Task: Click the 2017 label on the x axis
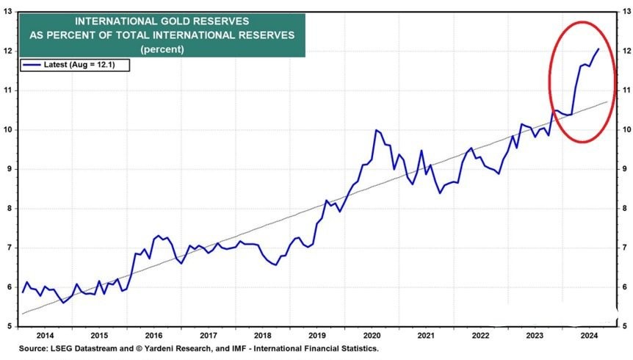tap(208, 334)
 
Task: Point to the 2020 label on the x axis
tap(371, 334)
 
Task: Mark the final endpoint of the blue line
tap(598, 49)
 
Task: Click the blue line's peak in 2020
tap(376, 130)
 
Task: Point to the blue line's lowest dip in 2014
tap(62, 302)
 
